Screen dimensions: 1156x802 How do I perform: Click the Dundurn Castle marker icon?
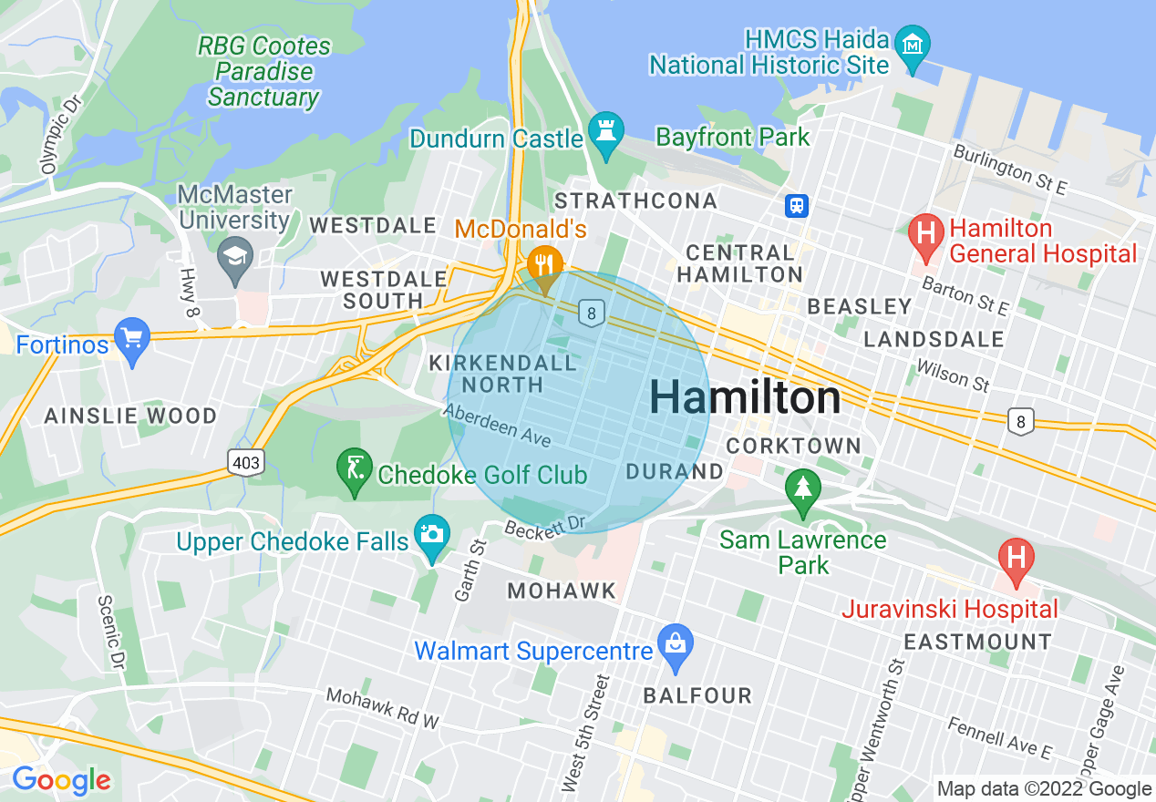604,129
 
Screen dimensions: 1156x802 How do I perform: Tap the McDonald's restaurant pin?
544,265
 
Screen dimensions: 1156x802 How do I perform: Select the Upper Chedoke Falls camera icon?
432,533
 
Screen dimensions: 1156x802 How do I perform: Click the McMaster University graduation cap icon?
236,256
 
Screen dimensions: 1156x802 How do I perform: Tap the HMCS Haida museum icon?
912,44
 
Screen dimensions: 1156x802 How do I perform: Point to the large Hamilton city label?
745,398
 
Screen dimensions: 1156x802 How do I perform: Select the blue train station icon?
797,206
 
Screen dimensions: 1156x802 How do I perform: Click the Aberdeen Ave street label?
498,425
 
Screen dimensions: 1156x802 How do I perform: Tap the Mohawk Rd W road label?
383,708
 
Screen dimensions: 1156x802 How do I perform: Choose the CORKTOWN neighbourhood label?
793,446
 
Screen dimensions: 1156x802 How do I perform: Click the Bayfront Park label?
733,138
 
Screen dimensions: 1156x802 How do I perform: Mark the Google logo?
61,780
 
